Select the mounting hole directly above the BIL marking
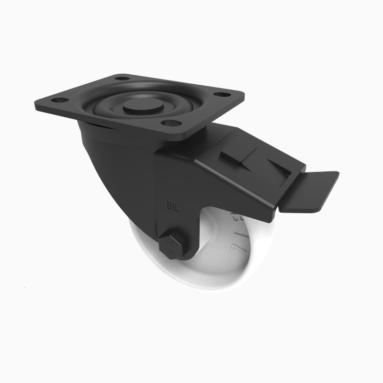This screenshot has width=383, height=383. coord(168,124)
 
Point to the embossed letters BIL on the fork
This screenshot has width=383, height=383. coord(173,207)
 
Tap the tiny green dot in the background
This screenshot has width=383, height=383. coord(25,288)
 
